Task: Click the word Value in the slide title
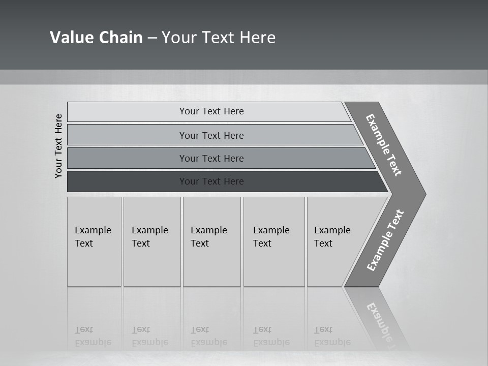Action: pyautogui.click(x=72, y=38)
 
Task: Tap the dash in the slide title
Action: pyautogui.click(x=152, y=38)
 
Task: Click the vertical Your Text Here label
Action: pyautogui.click(x=58, y=146)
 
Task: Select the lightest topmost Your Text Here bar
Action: pyautogui.click(x=211, y=111)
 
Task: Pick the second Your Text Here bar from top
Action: pyautogui.click(x=211, y=135)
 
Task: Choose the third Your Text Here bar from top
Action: pyautogui.click(x=211, y=158)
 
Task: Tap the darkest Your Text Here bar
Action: pyautogui.click(x=211, y=181)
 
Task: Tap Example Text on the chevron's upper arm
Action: pyautogui.click(x=384, y=145)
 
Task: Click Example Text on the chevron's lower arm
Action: pyautogui.click(x=385, y=240)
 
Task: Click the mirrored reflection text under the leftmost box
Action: pyautogui.click(x=93, y=336)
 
